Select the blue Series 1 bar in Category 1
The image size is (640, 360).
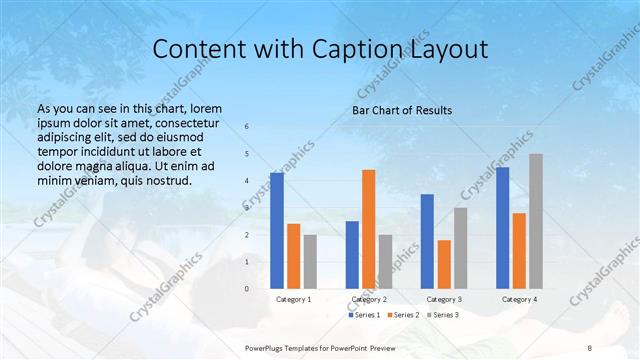277,230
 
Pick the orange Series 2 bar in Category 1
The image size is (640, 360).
294,256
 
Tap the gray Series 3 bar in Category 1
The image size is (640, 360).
310,261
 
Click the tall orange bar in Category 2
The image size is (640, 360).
369,229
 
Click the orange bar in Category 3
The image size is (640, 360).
444,264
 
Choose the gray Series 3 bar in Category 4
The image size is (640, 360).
536,221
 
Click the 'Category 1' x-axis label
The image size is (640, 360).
294,299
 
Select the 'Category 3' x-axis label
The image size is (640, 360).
444,299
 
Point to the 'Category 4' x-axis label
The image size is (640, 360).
519,299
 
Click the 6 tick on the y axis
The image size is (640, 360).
247,127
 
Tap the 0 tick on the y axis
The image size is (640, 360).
247,288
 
